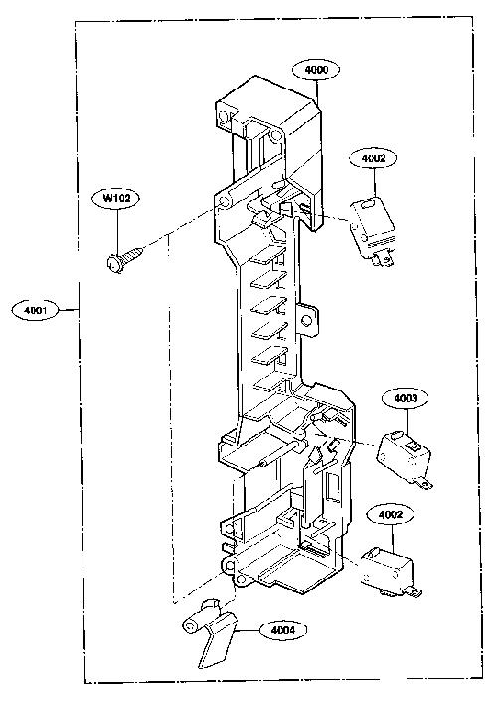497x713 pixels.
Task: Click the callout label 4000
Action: [316, 70]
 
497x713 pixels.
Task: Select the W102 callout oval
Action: [116, 198]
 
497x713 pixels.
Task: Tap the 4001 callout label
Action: [36, 310]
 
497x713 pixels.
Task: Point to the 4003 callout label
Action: [406, 398]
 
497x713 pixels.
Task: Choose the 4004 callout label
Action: [283, 630]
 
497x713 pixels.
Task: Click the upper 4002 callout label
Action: [374, 158]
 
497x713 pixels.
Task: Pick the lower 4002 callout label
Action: [391, 515]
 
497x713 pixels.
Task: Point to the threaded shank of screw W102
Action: [132, 253]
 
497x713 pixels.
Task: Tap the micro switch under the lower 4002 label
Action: [387, 569]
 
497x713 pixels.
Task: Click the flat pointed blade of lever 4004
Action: [214, 644]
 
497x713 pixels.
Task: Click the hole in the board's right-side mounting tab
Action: [307, 321]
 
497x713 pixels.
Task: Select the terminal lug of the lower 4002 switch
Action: [414, 592]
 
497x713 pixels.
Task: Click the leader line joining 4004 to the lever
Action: [247, 631]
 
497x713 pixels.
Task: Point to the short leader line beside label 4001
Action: [69, 310]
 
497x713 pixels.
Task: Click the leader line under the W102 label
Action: [117, 233]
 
